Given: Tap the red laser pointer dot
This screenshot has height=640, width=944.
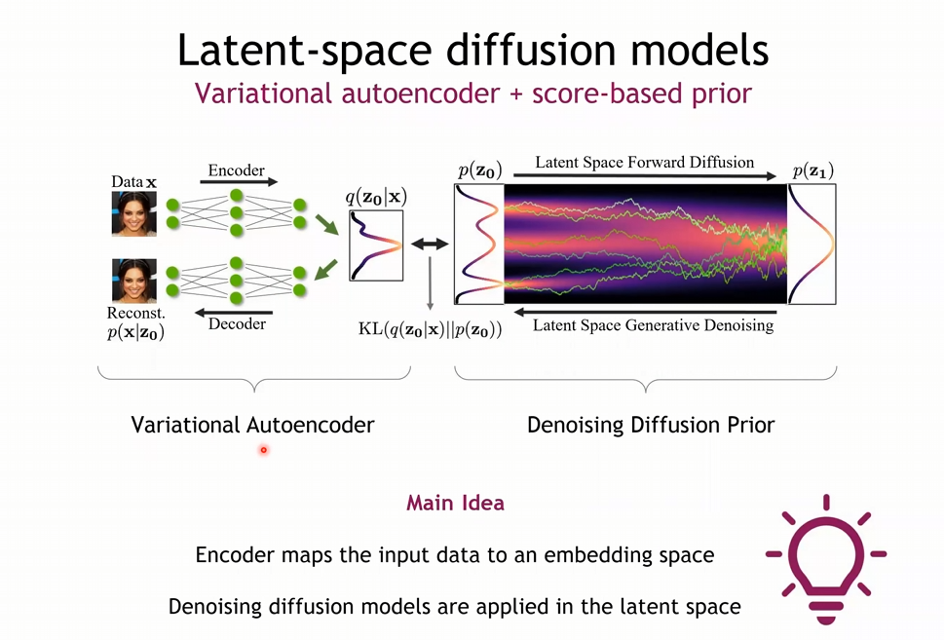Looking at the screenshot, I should point(263,449).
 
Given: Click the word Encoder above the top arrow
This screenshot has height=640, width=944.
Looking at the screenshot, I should point(236,169).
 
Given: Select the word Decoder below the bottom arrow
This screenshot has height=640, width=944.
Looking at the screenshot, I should point(237,323).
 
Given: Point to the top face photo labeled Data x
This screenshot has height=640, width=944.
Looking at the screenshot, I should point(133,213).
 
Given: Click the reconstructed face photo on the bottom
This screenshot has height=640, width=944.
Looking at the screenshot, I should point(133,281).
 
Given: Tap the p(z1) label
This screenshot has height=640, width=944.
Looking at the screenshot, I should point(812,171).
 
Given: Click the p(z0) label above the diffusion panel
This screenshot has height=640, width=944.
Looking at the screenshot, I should point(479,171).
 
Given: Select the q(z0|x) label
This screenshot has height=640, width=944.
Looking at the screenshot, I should point(376,197).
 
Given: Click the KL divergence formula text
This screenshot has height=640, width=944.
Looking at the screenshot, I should point(430,328).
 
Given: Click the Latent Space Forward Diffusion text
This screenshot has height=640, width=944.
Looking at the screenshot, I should point(644,162).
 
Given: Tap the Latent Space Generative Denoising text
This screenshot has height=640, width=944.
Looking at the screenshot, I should point(653,324).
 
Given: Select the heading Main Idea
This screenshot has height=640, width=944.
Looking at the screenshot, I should point(455,504).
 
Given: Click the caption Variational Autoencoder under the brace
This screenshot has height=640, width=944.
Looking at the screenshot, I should point(252,425).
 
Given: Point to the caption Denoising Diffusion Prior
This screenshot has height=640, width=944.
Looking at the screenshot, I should point(651,425).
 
